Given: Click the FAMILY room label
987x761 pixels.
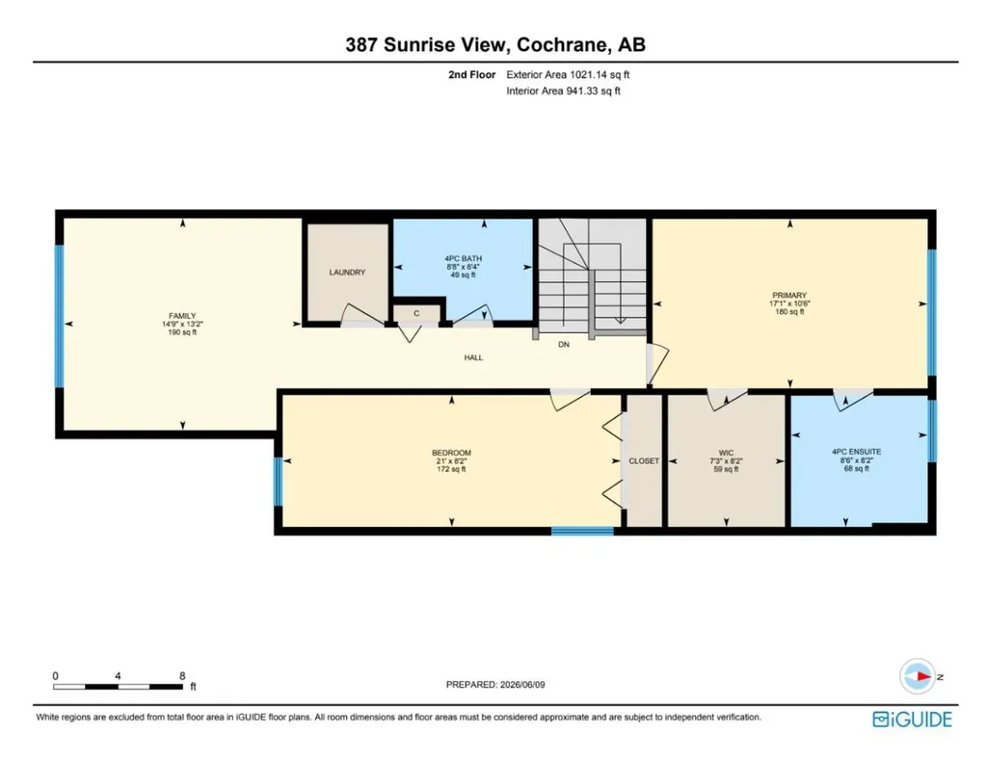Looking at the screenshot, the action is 182,316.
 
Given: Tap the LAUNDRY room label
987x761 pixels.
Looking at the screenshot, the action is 347,273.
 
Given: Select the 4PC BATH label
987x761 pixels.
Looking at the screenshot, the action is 464,258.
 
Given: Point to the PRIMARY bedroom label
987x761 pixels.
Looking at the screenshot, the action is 789,295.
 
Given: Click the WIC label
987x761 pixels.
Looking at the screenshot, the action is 727,453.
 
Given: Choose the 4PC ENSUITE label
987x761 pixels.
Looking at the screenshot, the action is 857,452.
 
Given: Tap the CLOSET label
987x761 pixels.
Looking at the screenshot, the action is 644,461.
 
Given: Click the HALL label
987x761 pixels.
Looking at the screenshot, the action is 473,357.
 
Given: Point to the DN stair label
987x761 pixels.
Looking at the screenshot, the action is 564,345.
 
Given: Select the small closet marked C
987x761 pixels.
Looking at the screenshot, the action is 416,313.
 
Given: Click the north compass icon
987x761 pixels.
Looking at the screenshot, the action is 918,677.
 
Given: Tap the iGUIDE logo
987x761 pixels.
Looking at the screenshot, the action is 912,719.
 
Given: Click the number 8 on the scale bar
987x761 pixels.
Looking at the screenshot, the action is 182,676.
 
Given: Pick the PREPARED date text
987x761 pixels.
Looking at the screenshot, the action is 495,684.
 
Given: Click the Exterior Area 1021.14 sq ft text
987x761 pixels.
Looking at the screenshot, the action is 568,74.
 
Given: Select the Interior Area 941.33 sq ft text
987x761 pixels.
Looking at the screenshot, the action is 563,91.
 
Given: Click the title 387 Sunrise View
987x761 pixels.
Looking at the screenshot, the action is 425,44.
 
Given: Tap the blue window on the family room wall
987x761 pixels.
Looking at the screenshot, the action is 59,316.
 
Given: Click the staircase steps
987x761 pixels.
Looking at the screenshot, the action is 593,275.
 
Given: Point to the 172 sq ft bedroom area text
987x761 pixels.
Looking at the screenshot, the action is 451,469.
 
